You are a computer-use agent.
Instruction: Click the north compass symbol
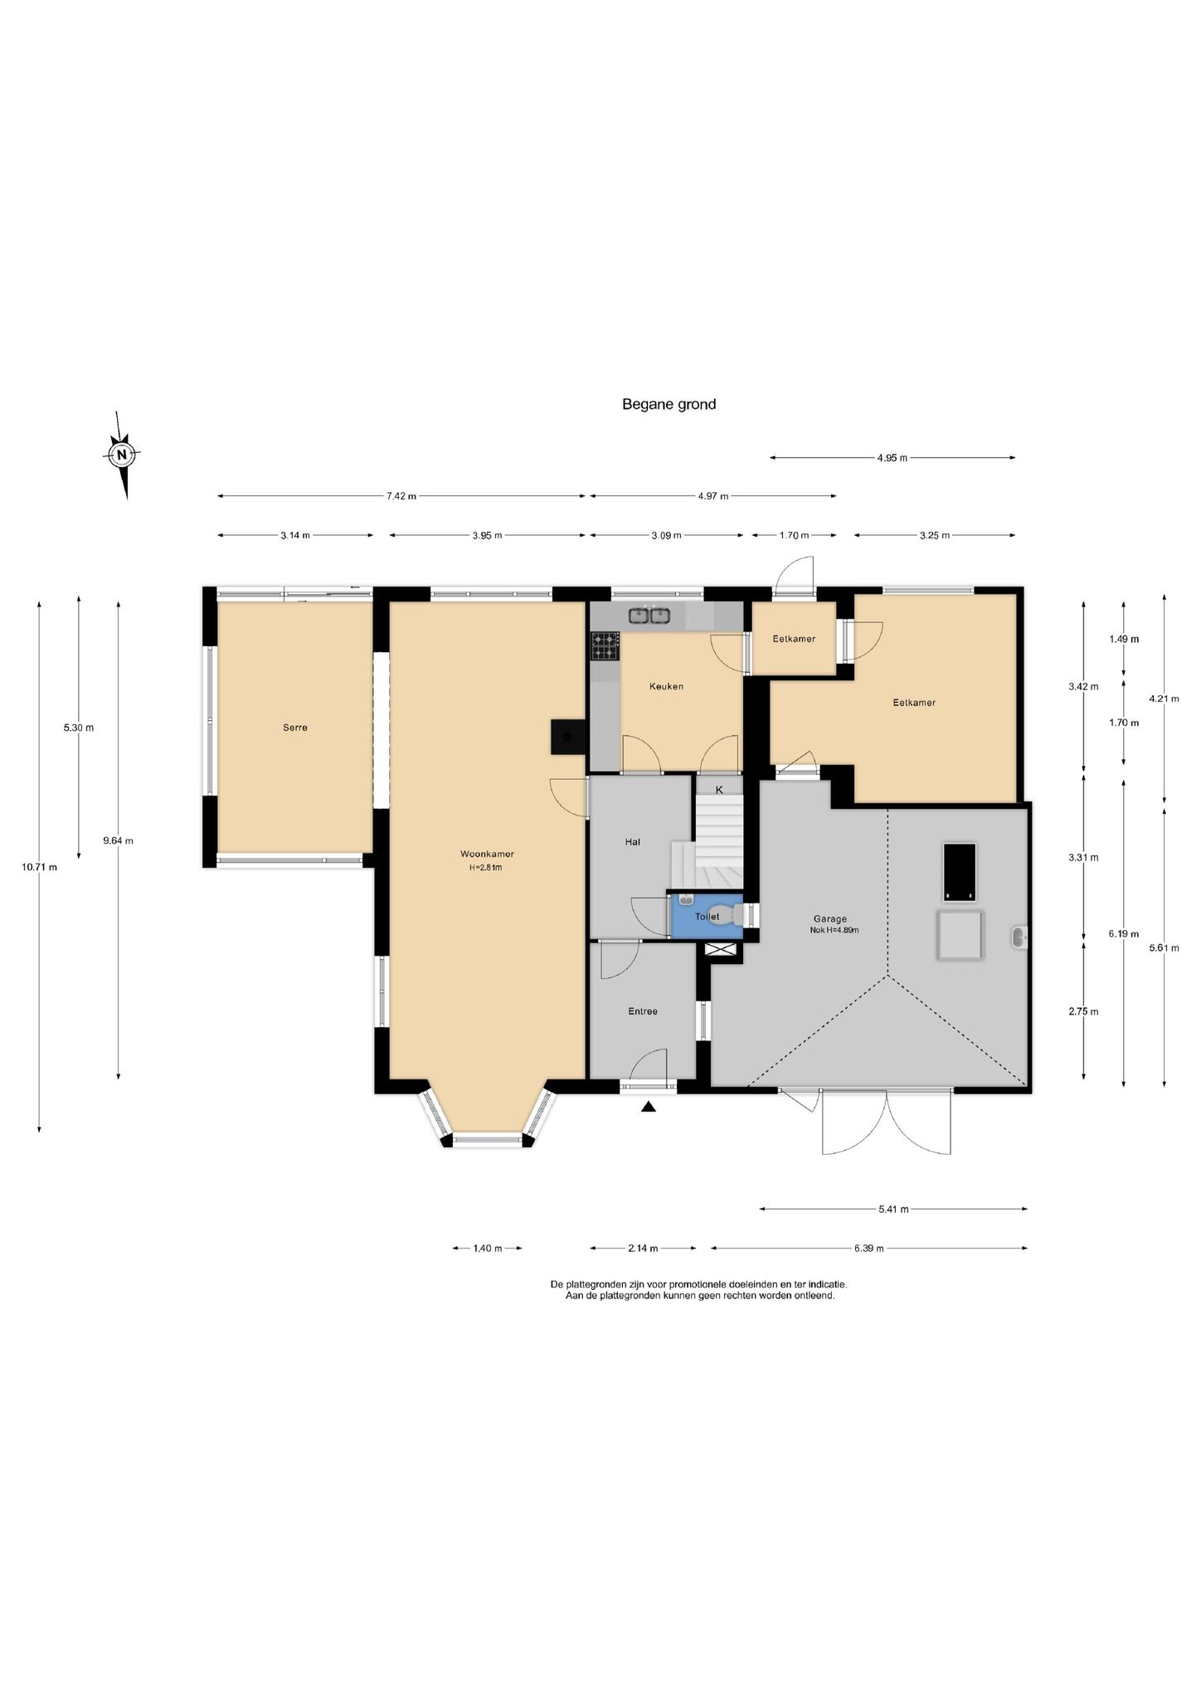(123, 455)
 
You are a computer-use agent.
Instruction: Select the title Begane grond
(669, 405)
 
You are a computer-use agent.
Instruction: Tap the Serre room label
(295, 728)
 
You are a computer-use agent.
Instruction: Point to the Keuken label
(666, 686)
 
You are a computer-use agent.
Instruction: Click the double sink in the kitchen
(649, 616)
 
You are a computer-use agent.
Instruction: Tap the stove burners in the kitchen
(605, 646)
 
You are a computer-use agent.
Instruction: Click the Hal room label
(633, 842)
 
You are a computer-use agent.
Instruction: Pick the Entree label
(643, 1011)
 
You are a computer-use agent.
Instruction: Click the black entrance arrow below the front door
(649, 1106)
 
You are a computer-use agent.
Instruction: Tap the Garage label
(830, 918)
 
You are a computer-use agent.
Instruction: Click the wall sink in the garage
(1020, 937)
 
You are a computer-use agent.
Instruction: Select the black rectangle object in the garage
(959, 873)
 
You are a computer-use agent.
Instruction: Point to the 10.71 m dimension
(40, 867)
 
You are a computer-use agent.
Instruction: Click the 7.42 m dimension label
(401, 496)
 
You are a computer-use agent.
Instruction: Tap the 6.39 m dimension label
(868, 1248)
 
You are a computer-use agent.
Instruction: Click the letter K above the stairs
(719, 790)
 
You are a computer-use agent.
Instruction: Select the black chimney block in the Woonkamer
(569, 737)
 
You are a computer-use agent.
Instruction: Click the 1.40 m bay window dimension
(488, 1248)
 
